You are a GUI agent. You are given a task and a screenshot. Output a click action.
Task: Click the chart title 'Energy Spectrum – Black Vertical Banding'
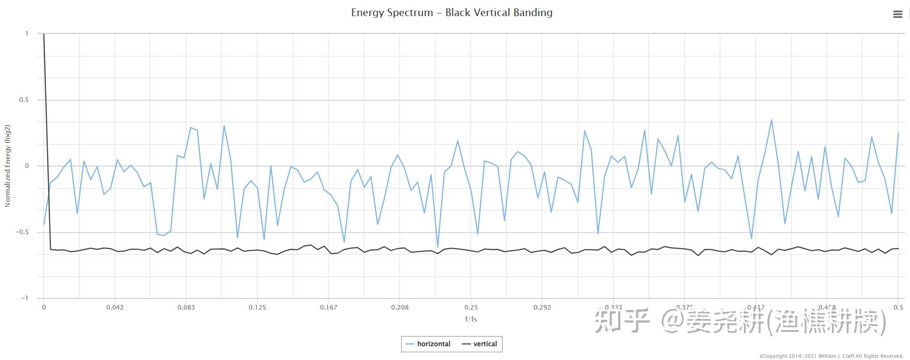[451, 13]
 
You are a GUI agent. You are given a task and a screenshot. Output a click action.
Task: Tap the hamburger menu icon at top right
[897, 14]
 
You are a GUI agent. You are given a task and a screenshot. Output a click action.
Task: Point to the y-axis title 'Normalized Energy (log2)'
[8, 166]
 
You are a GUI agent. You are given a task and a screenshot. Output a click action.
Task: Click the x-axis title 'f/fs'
[471, 319]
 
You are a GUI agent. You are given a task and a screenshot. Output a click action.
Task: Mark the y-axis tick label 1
[27, 33]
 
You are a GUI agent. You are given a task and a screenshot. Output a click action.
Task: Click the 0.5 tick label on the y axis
[24, 100]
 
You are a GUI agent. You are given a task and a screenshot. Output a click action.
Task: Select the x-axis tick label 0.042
[115, 307]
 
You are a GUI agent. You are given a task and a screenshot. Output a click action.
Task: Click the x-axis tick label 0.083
[186, 307]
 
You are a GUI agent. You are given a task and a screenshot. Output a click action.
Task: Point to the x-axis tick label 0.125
[257, 307]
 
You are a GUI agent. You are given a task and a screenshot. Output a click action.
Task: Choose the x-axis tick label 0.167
[328, 307]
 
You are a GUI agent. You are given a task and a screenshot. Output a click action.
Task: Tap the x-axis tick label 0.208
[400, 307]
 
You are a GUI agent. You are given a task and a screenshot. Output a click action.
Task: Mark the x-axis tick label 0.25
[471, 307]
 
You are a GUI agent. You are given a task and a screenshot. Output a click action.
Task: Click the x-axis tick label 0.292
[542, 307]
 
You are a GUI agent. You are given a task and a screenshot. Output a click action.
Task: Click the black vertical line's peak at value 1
[44, 34]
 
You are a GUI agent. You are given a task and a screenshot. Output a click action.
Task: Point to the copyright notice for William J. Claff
[831, 356]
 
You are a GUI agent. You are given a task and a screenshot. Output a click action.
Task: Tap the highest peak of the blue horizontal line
[771, 120]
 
